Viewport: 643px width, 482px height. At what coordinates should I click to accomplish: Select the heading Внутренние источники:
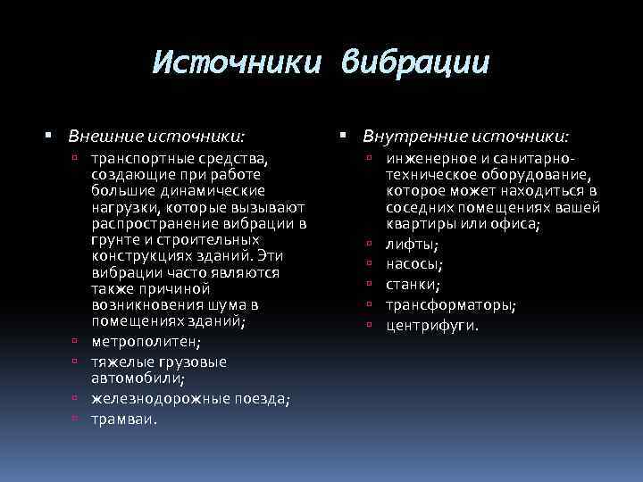coord(465,137)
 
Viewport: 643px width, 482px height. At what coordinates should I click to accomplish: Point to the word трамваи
coord(123,419)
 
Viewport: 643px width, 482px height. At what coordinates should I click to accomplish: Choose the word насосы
coord(414,264)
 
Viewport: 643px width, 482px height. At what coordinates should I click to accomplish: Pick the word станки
coord(413,285)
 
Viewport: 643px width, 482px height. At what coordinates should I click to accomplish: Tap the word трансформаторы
coord(450,304)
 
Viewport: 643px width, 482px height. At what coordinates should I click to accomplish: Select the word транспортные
coord(145,158)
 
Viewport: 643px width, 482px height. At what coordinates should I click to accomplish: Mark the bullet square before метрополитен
coord(78,342)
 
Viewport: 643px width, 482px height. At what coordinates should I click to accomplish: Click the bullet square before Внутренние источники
coord(345,136)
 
